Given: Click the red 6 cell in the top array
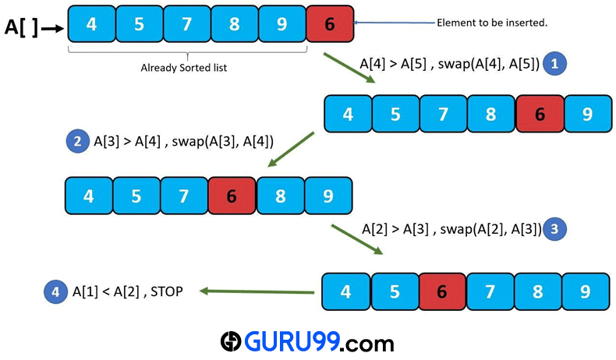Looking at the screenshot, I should pos(330,23).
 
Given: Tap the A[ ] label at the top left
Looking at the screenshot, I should pos(21,27).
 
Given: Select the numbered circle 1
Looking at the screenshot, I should pos(554,64).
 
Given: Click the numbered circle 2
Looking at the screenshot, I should pos(77,141).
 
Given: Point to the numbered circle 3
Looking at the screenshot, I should pos(554,229).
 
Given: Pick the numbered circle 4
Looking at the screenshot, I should pos(55,292).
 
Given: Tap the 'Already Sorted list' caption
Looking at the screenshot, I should pos(183,67).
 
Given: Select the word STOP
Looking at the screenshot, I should pos(167,292).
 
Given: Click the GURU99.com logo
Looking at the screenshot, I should pos(306,341).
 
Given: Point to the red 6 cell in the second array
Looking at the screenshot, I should pos(539,115).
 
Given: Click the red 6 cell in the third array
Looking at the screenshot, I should pos(232,196).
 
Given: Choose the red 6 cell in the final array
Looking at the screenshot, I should pos(442,292).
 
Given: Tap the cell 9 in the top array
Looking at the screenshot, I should pos(282,23).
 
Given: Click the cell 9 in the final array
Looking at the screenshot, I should pos(585,292).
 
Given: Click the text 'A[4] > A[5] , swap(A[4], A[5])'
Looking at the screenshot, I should pos(449,64).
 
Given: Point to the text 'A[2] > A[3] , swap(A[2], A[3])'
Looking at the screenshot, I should pos(451,229).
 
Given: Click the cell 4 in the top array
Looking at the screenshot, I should pos(91,23).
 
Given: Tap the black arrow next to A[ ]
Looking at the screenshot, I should pos(53,28).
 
